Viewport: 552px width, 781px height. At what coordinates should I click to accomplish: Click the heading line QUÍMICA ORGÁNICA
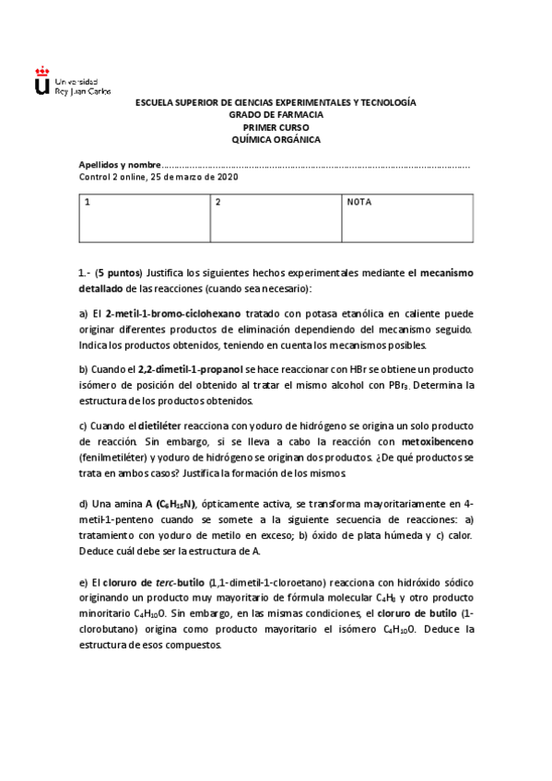(x=276, y=139)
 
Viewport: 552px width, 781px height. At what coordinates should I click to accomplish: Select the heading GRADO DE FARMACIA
(x=276, y=114)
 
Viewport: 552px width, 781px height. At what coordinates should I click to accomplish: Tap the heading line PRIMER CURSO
(x=276, y=127)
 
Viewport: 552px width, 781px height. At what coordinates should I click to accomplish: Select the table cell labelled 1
(x=144, y=217)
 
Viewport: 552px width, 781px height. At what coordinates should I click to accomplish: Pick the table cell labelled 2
(x=275, y=217)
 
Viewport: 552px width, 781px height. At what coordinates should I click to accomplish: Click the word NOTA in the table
(x=358, y=202)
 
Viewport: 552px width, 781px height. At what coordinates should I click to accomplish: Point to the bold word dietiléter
(x=165, y=425)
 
